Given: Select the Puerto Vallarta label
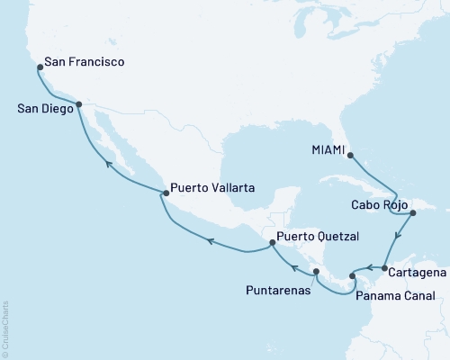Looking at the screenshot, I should [x=213, y=189].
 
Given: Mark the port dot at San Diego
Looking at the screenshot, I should [x=79, y=104].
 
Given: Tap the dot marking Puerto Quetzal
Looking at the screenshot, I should [x=271, y=243].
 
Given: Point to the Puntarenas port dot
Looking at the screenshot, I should [x=316, y=272].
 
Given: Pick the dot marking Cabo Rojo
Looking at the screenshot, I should [x=413, y=213].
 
